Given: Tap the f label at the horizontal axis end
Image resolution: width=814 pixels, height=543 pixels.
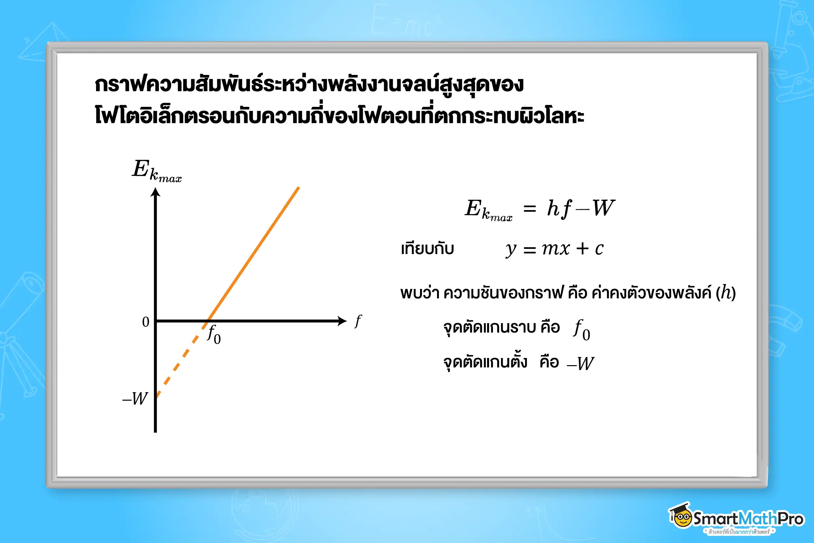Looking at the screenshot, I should click(x=358, y=322).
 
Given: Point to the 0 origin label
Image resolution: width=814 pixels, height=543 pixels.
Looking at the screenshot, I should click(x=146, y=322).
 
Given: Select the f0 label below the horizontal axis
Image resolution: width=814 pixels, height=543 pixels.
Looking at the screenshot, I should click(x=214, y=335).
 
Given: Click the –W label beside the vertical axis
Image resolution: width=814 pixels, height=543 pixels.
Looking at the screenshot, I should click(x=135, y=399).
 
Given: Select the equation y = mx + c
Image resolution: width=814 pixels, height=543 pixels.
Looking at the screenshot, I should click(x=554, y=249).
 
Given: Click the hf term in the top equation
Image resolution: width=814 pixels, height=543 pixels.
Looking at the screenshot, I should click(x=559, y=208).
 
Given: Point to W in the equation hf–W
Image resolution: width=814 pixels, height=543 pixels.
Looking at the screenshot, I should click(x=603, y=208).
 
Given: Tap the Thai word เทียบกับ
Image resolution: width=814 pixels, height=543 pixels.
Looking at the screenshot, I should click(x=428, y=249).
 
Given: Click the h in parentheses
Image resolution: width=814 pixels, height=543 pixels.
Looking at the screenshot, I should click(x=726, y=293).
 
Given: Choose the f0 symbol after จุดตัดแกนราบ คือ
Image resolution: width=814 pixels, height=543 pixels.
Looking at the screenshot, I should click(x=582, y=330).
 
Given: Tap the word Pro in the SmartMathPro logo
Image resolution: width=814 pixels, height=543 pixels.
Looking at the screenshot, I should click(x=791, y=519).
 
